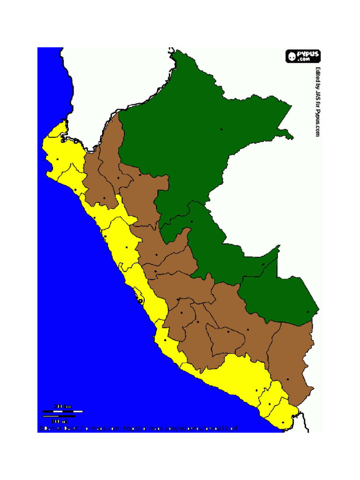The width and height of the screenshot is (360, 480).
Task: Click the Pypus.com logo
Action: [303, 56]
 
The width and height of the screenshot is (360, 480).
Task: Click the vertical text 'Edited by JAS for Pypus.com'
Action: [317, 102]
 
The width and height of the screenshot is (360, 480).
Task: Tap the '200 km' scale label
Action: [62, 406]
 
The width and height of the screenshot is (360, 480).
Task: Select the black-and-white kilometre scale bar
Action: [62, 411]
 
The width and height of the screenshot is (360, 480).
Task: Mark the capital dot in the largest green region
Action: [221, 129]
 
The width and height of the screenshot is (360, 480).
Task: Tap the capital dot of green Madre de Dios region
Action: [308, 312]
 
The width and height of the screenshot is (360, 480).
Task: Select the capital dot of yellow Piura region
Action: [57, 160]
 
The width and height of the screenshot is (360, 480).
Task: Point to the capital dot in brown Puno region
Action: [287, 379]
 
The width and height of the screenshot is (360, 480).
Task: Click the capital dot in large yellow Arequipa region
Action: [256, 390]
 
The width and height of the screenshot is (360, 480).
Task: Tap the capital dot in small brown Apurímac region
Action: [228, 332]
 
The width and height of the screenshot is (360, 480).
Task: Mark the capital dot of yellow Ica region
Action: [165, 340]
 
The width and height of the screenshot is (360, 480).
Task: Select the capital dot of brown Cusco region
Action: [248, 330]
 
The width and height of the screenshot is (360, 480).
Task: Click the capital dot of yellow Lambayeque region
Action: [75, 189]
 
